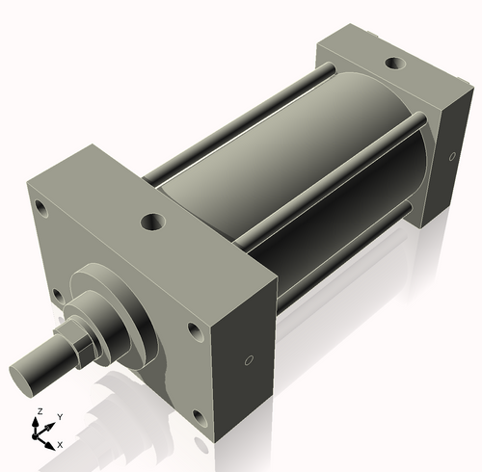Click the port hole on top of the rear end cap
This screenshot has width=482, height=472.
click(x=394, y=64)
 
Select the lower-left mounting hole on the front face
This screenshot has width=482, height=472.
click(x=58, y=295)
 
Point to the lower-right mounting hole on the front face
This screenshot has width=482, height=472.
click(x=200, y=417)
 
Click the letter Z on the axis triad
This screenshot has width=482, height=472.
click(x=39, y=410)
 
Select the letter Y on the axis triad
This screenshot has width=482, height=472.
click(x=60, y=416)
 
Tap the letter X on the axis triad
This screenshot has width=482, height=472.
click(x=60, y=444)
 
